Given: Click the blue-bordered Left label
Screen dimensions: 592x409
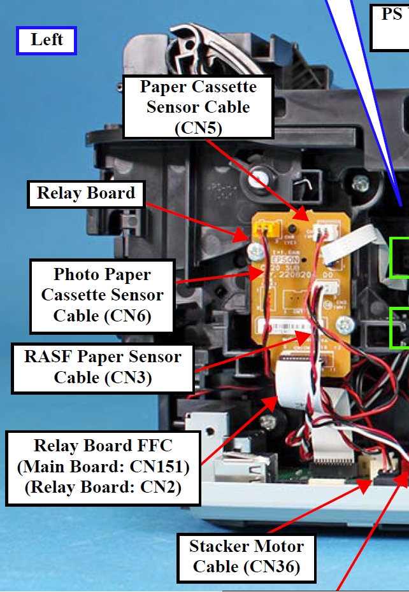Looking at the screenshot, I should tap(47, 40).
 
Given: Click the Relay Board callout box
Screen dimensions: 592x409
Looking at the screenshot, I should tap(86, 194).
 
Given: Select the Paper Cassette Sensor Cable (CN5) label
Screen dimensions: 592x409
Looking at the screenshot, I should tap(198, 107).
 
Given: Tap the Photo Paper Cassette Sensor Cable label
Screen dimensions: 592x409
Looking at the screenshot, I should tap(102, 295).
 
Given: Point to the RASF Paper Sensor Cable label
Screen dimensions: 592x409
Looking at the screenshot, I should tap(103, 367).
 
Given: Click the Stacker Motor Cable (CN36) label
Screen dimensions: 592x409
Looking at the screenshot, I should tap(247, 556).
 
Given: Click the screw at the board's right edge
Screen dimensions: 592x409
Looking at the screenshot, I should tap(345, 325).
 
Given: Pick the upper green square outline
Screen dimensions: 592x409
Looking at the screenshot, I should tap(399, 257).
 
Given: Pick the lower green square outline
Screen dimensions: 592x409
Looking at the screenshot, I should tap(399, 328).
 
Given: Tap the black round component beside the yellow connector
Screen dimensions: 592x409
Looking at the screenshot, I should tap(291, 228).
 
